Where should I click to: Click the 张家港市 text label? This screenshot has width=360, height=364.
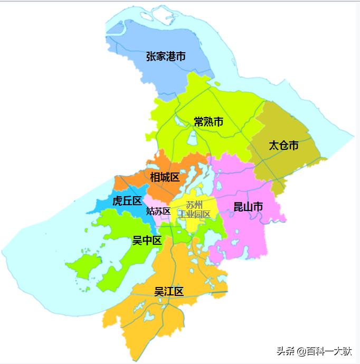[166, 56]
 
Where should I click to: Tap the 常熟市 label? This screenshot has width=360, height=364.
[209, 122]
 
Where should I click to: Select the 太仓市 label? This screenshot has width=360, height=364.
[283, 145]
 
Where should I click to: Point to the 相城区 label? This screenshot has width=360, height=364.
[165, 177]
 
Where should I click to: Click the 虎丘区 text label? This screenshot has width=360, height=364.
[127, 201]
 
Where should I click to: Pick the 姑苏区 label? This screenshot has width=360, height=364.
[158, 211]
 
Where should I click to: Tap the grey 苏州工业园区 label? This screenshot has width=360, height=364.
[194, 210]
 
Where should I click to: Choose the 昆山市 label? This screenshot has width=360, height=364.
[248, 207]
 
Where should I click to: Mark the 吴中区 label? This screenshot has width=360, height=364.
[146, 241]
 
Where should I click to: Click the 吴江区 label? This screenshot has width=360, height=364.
[169, 291]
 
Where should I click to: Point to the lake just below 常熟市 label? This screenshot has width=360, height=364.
[192, 139]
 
